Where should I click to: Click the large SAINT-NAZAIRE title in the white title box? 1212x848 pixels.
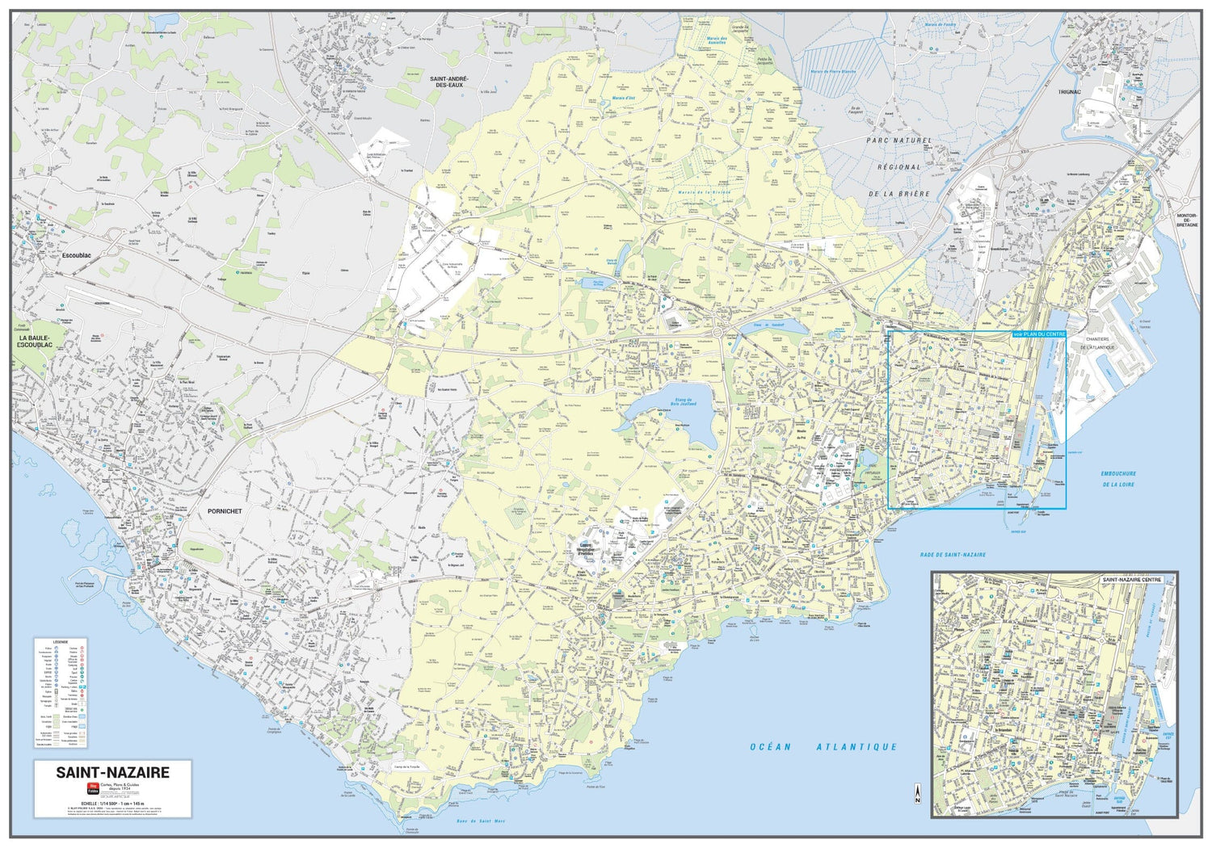tap(112, 772)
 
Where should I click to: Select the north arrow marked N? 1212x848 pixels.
tap(917, 793)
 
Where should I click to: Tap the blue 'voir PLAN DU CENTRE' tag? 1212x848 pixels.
tap(1039, 334)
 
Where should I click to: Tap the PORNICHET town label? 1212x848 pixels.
tap(224, 511)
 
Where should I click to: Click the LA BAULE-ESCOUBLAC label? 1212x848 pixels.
tap(35, 342)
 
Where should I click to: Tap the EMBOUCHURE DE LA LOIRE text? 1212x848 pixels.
tap(1118, 479)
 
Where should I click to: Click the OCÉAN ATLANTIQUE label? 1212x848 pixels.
tap(823, 747)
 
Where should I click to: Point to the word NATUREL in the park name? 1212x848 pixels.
tap(913, 141)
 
